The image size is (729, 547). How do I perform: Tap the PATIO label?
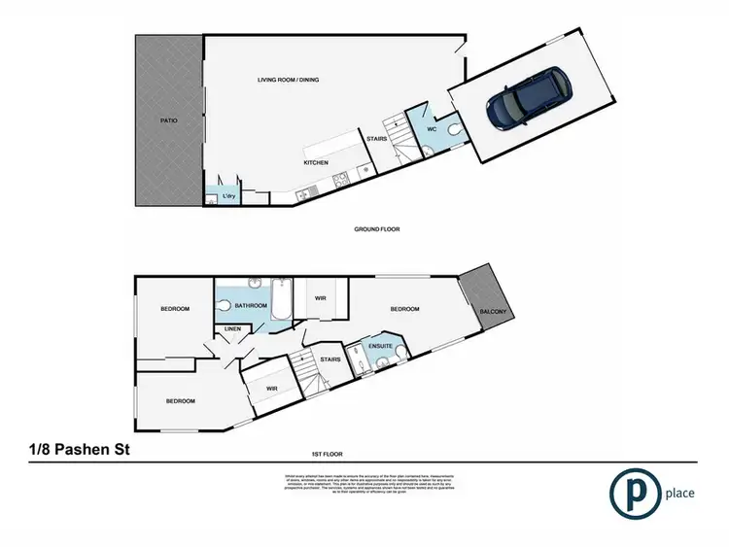(168, 121)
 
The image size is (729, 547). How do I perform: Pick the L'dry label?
(229, 197)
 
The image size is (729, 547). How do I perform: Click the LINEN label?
(233, 329)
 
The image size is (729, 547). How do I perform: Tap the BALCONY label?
(494, 311)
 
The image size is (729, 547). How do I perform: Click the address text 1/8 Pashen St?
(78, 450)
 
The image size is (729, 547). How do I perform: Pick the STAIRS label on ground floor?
(376, 139)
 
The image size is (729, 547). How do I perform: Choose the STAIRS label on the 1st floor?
(330, 359)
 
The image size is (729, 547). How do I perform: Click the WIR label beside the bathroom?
(321, 299)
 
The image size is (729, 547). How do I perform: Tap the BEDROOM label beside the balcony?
(403, 309)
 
